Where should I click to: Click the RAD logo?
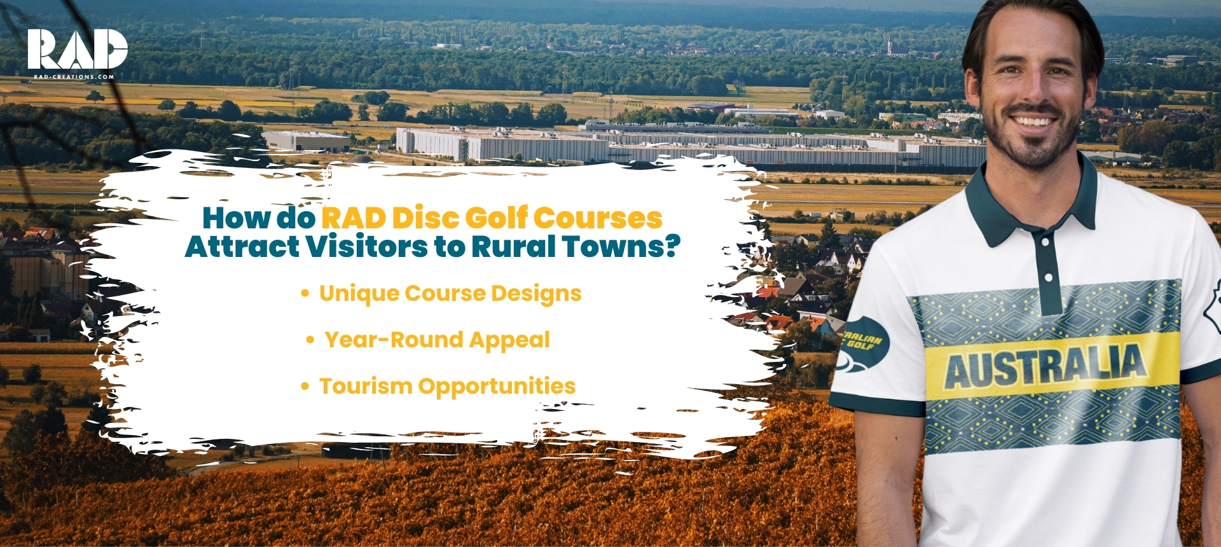click(77, 49)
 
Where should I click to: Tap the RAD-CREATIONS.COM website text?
click(74, 77)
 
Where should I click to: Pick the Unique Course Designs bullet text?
click(450, 293)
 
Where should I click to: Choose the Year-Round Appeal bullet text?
click(437, 340)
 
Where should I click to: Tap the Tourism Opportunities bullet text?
click(447, 386)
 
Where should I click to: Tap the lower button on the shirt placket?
click(1049, 277)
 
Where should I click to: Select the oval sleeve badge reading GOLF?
click(863, 343)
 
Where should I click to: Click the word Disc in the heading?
click(425, 218)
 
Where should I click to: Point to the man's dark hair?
click(1030, 19)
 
